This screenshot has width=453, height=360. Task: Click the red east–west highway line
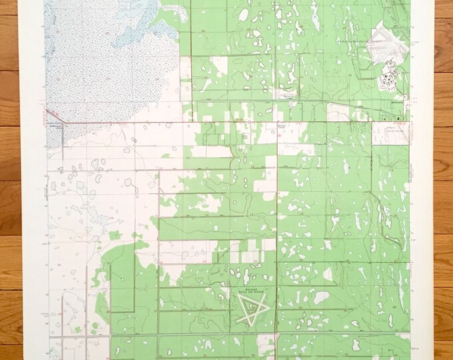click(200, 123)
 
